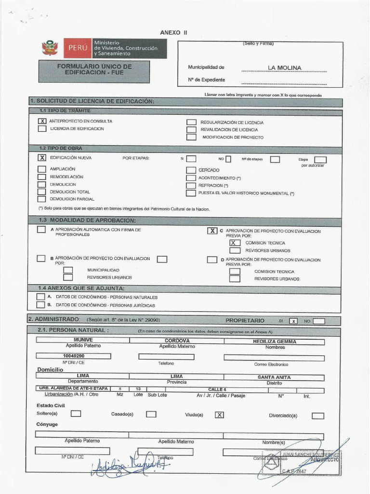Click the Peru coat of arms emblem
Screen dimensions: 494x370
(50, 48)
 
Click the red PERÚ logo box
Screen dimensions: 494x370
(78, 48)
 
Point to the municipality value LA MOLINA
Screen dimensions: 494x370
(285, 68)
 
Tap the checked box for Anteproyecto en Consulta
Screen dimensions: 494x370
(42, 121)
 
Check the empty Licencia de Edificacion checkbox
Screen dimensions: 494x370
(42, 129)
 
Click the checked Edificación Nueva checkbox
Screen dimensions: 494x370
(42, 158)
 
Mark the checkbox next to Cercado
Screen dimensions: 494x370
(191, 170)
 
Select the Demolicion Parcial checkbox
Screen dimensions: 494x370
(42, 199)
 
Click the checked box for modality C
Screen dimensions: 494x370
(212, 231)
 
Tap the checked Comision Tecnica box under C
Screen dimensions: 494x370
(235, 243)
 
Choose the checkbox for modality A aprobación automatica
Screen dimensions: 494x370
(42, 230)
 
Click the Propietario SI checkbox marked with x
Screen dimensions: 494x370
(293, 321)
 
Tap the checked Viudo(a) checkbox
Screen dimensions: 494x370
(219, 414)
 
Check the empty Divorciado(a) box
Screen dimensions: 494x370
(317, 415)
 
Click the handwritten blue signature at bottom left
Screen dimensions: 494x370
(128, 464)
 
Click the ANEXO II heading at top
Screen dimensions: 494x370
(173, 32)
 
